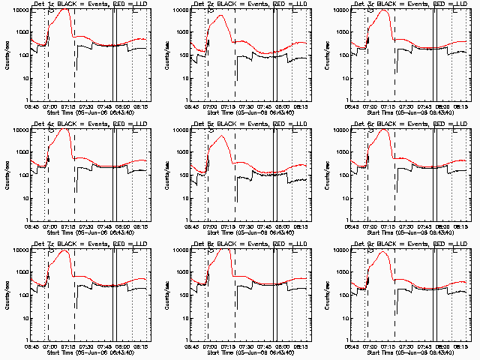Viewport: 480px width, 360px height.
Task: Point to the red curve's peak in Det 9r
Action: click(384, 251)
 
